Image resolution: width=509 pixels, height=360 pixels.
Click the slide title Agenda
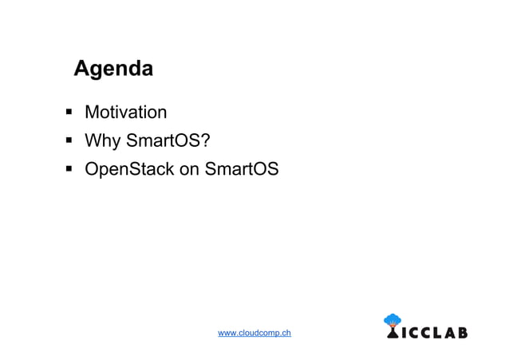click(x=113, y=69)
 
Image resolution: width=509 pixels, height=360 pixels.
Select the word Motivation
click(x=125, y=112)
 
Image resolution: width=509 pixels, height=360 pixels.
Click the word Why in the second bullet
click(x=102, y=141)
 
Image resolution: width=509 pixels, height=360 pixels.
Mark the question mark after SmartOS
click(x=205, y=141)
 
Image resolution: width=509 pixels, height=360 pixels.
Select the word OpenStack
click(x=129, y=170)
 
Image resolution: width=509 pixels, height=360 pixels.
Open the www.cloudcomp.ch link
click(x=254, y=332)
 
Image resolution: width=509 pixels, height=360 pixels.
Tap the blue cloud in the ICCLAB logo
click(x=393, y=320)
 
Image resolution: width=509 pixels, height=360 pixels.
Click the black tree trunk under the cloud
click(x=393, y=333)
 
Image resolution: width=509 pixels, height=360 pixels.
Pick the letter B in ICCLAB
click(x=462, y=333)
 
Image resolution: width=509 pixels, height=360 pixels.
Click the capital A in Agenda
click(x=81, y=69)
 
